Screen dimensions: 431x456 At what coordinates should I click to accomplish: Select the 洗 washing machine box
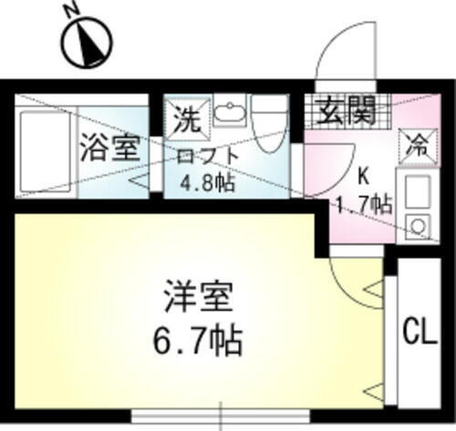(186, 118)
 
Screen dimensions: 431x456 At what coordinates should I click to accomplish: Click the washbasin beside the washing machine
(228, 116)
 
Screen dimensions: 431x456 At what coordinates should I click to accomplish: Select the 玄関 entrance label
(345, 113)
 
